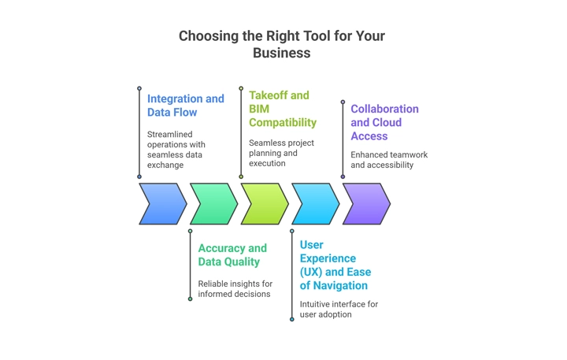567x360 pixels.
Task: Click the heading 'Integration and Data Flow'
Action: (185, 106)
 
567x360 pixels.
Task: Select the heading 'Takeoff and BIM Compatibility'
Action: (283, 109)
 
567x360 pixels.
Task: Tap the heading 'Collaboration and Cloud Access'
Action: (384, 122)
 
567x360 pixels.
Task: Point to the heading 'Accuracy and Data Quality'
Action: (232, 254)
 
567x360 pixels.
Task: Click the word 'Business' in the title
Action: (282, 54)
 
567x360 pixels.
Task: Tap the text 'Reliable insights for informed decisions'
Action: (235, 288)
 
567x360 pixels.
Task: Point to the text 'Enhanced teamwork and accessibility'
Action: (389, 160)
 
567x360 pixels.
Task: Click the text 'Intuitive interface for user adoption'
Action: (337, 309)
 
